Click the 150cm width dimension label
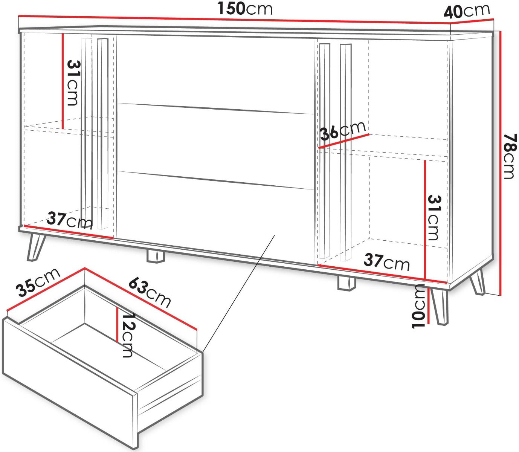[x=245, y=9]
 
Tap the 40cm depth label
[x=467, y=11]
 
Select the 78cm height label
[x=509, y=156]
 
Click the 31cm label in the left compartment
[x=73, y=83]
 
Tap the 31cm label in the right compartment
[x=434, y=218]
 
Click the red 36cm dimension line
[x=344, y=141]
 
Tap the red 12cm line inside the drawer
[x=118, y=325]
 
